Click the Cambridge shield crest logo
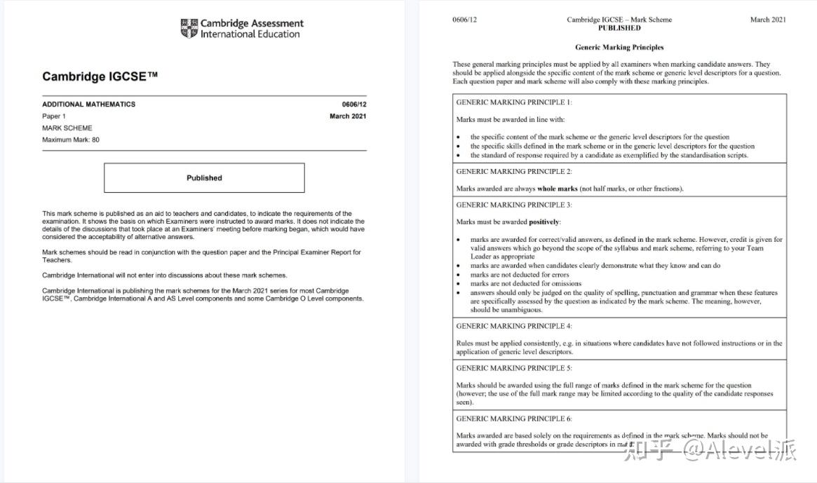click(189, 28)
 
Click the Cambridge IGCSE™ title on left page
click(100, 76)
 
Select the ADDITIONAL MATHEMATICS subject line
click(88, 104)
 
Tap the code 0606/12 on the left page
click(353, 104)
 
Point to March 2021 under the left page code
click(348, 116)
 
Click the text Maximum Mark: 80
click(71, 140)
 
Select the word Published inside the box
click(204, 178)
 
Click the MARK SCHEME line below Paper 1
click(67, 128)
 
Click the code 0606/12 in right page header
click(464, 20)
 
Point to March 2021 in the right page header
click(768, 20)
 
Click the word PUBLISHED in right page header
click(619, 28)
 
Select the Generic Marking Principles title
click(619, 48)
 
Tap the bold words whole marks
click(558, 189)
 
